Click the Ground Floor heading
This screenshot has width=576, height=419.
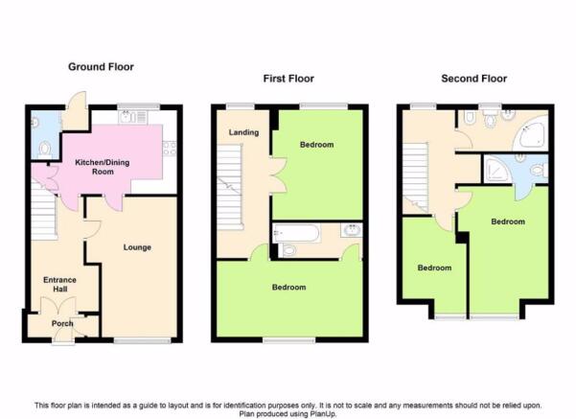[101, 67]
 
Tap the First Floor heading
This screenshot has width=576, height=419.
[288, 79]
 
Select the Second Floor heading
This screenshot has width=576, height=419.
[473, 79]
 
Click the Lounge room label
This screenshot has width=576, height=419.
[137, 247]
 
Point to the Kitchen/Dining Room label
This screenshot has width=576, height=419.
[103, 167]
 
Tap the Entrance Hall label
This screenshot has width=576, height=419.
[59, 285]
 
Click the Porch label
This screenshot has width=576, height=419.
[62, 323]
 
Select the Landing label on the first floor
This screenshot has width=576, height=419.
[243, 132]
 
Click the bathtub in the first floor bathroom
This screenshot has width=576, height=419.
[296, 233]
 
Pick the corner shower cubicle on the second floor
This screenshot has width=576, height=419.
[496, 170]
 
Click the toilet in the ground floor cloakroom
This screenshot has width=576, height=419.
[44, 150]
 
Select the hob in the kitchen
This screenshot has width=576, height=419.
[170, 148]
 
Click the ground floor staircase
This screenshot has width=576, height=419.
[44, 210]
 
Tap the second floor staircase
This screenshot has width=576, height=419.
[416, 177]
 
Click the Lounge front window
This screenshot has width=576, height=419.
[142, 340]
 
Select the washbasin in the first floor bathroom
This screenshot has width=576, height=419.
[351, 230]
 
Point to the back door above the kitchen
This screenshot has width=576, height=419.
[77, 110]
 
